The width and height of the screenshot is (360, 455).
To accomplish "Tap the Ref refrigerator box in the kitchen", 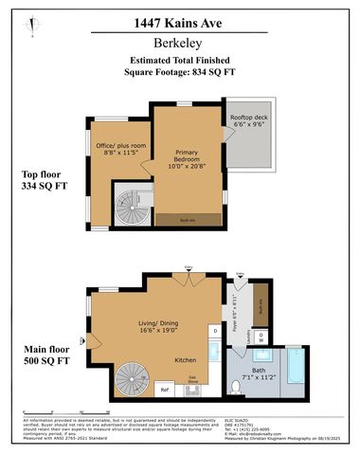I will (x=163, y=390).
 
